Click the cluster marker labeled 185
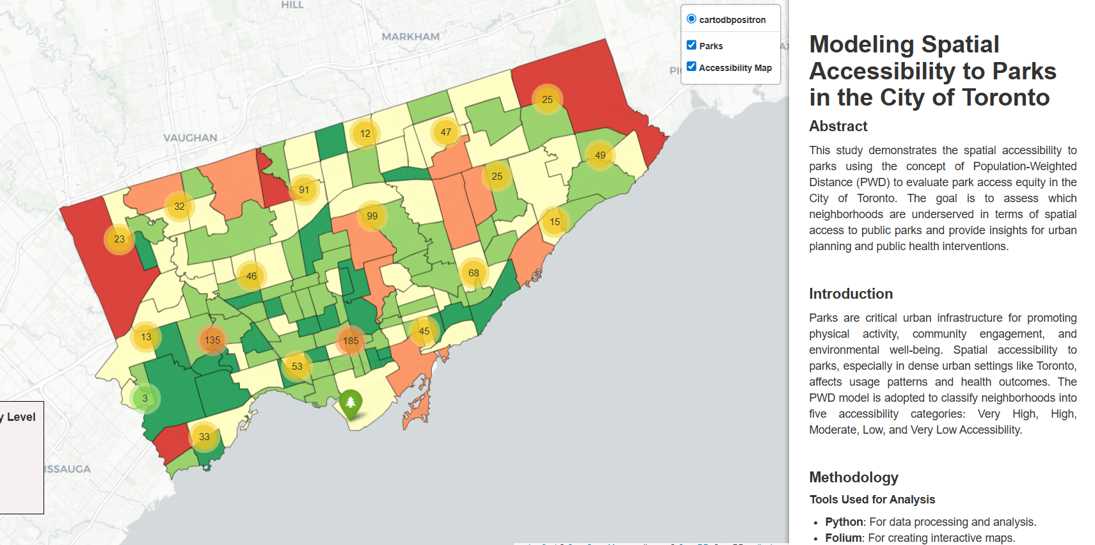[351, 341]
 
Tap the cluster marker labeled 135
[212, 340]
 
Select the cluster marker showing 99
[372, 216]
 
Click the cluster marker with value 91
[304, 190]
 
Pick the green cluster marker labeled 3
[145, 399]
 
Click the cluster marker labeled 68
[474, 273]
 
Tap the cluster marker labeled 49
[600, 155]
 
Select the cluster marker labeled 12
[365, 134]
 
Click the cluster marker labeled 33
[204, 437]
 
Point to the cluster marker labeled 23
[120, 239]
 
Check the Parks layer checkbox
[692, 45]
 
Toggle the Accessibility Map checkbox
[692, 67]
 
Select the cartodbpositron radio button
[692, 19]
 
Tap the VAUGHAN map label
[190, 138]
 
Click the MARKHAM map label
[410, 37]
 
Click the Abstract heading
[838, 126]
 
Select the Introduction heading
[851, 294]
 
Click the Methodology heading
[853, 477]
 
